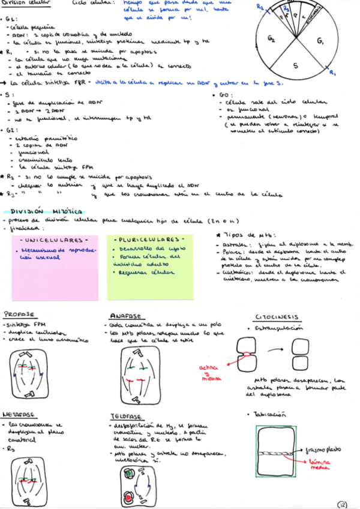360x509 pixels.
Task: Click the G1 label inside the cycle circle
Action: tap(320, 41)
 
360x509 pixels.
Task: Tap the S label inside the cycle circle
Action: tap(295, 65)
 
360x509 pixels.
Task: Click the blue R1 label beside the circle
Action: tap(333, 72)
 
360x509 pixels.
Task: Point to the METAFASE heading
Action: tap(19, 414)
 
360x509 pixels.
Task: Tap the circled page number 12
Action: tap(343, 504)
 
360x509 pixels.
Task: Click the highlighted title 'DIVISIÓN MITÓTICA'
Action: tap(41, 211)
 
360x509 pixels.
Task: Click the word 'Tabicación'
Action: tap(271, 414)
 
